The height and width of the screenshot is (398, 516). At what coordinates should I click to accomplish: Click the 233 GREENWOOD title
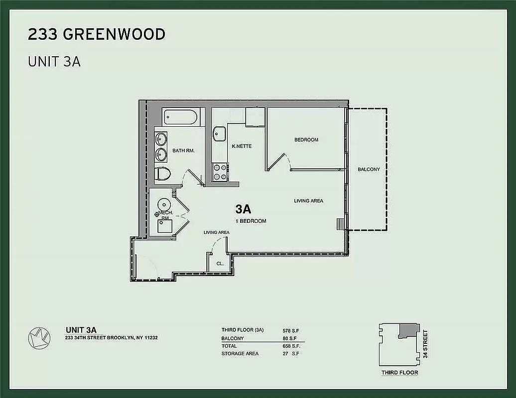97,35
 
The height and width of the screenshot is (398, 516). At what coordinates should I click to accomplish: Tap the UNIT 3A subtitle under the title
54,62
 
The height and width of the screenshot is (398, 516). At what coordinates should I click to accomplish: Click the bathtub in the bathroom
181,117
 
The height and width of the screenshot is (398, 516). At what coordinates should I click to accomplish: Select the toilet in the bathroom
162,174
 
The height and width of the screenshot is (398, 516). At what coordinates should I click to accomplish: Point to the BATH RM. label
183,150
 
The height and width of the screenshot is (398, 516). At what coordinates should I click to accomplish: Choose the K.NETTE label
242,146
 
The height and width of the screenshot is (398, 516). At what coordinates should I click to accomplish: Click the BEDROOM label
306,140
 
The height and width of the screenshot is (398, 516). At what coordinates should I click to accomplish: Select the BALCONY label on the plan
369,169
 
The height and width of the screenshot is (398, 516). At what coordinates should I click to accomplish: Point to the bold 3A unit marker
243,209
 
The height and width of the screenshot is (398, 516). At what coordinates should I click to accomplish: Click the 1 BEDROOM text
251,221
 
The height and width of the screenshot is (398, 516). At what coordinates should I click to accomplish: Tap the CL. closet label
219,264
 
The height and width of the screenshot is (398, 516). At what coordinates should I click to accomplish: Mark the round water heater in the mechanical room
164,204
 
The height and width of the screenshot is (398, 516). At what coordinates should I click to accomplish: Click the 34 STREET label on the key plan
425,344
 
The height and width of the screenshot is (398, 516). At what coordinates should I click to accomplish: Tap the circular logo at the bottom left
39,338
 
